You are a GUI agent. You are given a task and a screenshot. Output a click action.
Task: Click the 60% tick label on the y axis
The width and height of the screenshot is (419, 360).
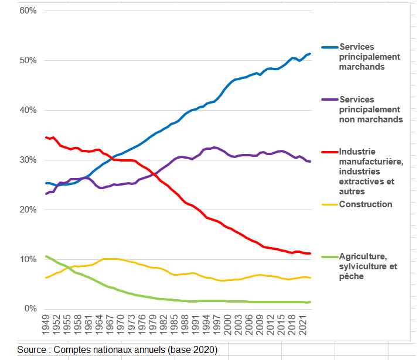coord(28,11)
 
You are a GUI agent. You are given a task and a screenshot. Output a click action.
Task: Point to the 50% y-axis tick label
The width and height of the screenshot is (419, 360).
coord(28,61)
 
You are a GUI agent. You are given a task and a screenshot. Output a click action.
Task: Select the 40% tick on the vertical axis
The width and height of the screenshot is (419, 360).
coord(28,111)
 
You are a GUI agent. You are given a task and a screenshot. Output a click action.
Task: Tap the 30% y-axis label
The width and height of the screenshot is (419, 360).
coord(28,160)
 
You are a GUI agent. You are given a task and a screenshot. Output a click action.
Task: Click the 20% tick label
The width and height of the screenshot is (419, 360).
coord(28,210)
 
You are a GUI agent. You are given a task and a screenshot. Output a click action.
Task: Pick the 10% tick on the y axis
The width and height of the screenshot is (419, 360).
coord(28,259)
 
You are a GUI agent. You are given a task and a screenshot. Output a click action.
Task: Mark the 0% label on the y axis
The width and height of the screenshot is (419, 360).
coord(30,309)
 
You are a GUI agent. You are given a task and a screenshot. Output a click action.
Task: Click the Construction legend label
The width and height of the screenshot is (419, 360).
coord(366,204)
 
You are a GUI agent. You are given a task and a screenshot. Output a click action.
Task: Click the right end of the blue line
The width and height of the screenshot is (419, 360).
coord(309,54)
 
